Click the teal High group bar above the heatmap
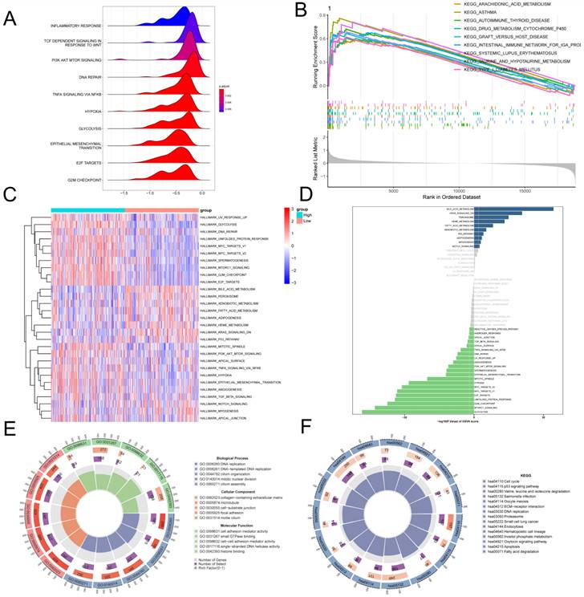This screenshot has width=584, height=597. pyautogui.click(x=87, y=211)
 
